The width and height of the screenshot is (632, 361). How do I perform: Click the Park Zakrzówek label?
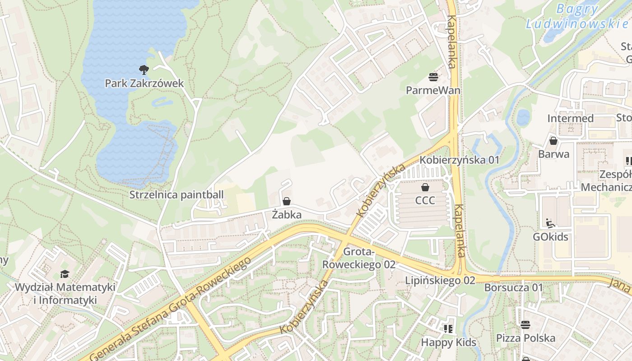point(144,83)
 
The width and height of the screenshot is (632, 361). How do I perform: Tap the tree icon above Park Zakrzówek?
point(144,69)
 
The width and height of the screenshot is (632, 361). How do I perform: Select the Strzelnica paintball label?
point(177,195)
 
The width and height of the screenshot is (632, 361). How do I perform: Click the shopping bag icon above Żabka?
point(286,201)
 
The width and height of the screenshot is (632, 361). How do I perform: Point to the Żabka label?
point(287,215)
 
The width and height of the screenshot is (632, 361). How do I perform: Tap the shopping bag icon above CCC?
point(425,187)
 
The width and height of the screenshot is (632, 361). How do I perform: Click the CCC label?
point(425,200)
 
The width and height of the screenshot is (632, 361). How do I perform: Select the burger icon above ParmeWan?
point(433,77)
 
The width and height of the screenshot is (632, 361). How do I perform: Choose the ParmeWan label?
point(433,90)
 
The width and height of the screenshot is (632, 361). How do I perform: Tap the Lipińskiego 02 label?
point(440,280)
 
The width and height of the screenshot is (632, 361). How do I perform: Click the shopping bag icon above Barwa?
point(553,141)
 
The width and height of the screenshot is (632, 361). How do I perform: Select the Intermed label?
point(570,118)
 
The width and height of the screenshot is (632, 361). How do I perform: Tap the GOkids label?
point(550,237)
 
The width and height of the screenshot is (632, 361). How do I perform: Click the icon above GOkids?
point(550,223)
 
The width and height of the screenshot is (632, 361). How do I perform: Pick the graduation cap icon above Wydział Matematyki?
point(65,274)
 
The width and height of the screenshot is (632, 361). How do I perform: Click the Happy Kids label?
point(448,342)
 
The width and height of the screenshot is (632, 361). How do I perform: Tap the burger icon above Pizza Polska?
point(525,324)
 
